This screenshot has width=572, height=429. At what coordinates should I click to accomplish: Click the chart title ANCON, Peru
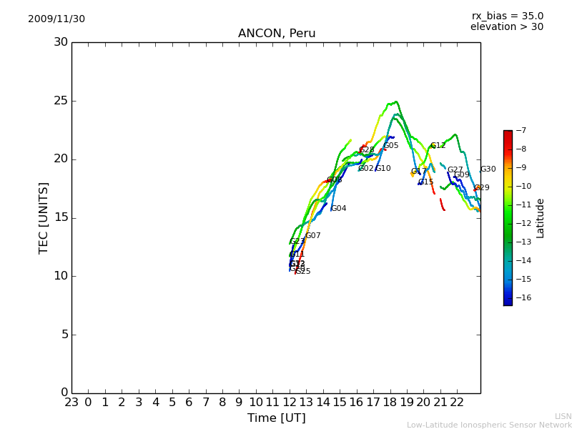click(277, 34)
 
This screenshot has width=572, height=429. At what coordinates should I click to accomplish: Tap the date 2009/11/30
click(56, 19)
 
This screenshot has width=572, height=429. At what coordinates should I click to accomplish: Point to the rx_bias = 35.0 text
click(508, 16)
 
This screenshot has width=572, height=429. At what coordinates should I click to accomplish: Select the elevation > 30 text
click(507, 27)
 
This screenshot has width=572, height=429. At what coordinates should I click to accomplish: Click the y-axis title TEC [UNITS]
click(44, 217)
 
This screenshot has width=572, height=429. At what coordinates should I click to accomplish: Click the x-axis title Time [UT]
click(276, 418)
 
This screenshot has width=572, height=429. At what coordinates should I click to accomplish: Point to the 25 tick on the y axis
click(61, 101)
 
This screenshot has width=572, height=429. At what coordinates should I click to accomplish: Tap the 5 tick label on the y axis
click(64, 335)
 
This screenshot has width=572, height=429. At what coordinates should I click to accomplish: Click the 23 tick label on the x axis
click(71, 403)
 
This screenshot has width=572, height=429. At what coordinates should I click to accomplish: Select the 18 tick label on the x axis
click(390, 403)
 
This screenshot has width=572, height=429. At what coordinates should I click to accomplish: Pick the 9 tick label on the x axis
click(239, 403)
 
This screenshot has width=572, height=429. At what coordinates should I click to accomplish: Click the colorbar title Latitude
click(541, 218)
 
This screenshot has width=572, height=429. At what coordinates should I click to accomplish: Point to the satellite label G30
click(488, 169)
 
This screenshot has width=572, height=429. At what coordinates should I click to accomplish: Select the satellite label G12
click(438, 146)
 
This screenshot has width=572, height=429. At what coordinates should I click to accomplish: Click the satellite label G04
click(338, 209)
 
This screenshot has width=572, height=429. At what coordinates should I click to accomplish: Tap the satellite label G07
click(313, 236)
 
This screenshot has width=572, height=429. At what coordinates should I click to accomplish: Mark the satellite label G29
click(482, 188)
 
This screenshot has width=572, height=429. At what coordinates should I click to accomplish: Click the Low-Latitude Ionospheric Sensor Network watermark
click(489, 425)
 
